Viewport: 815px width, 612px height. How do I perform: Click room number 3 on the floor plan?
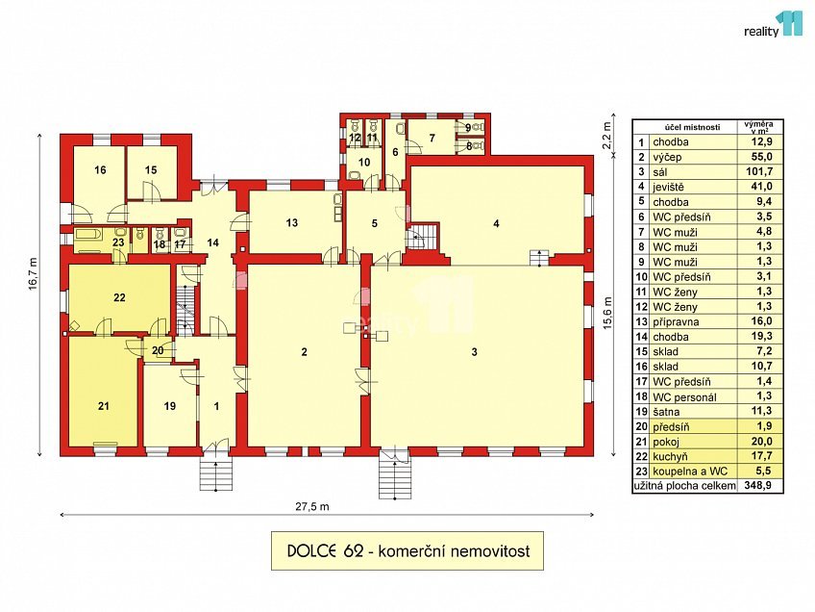click(x=474, y=352)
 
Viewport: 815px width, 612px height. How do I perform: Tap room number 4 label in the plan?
click(x=496, y=223)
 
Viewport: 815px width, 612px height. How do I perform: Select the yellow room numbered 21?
click(x=104, y=406)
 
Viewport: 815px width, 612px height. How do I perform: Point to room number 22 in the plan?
click(x=119, y=298)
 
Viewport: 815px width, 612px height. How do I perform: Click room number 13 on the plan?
click(x=291, y=223)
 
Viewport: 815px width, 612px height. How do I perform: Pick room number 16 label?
click(x=99, y=169)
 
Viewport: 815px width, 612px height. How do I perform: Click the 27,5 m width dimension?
click(x=320, y=506)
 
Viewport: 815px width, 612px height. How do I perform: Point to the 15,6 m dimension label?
click(x=606, y=311)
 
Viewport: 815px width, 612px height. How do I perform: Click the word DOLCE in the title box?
click(x=309, y=552)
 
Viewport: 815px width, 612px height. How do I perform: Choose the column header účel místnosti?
click(x=683, y=127)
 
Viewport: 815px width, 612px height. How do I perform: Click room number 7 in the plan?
click(x=432, y=138)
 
